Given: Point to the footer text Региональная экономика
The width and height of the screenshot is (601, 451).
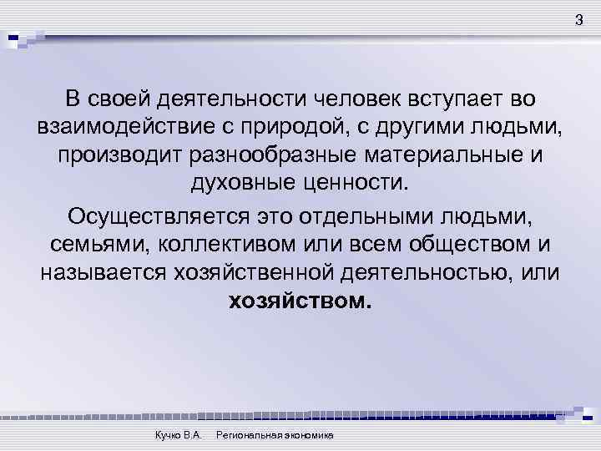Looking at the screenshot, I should point(275,437).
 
